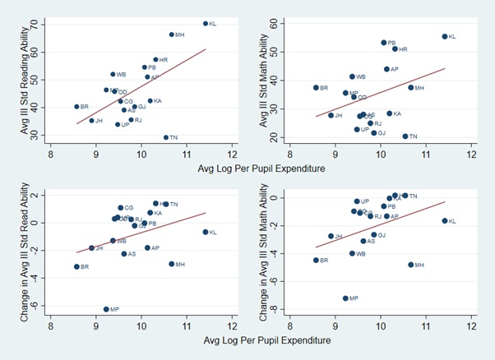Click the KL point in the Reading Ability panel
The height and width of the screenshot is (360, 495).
point(205,23)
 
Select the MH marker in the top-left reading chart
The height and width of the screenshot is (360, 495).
point(171,35)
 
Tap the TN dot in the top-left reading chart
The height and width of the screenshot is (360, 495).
point(165,137)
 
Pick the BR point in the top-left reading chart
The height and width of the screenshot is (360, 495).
point(76,107)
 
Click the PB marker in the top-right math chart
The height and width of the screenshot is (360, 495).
point(383,43)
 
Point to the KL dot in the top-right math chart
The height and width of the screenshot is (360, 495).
point(444,36)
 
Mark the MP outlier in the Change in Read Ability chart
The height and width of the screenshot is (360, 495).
point(106,309)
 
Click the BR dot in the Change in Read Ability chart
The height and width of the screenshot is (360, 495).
point(76,266)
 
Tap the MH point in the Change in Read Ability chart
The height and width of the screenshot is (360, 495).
point(171,264)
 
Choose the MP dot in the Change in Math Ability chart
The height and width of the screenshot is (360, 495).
point(345,298)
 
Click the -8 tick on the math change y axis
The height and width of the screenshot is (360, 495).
point(277,310)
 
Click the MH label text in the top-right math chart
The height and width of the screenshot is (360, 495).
point(419,88)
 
